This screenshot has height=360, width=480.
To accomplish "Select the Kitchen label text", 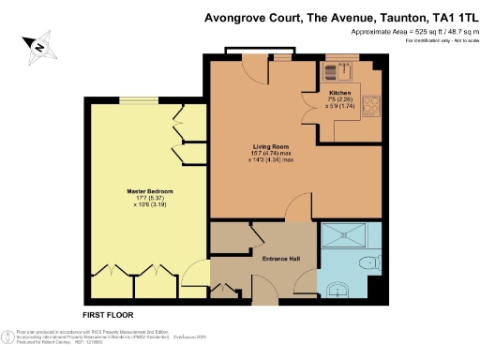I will (x=339, y=94).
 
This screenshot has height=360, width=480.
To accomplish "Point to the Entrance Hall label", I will (x=279, y=257).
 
